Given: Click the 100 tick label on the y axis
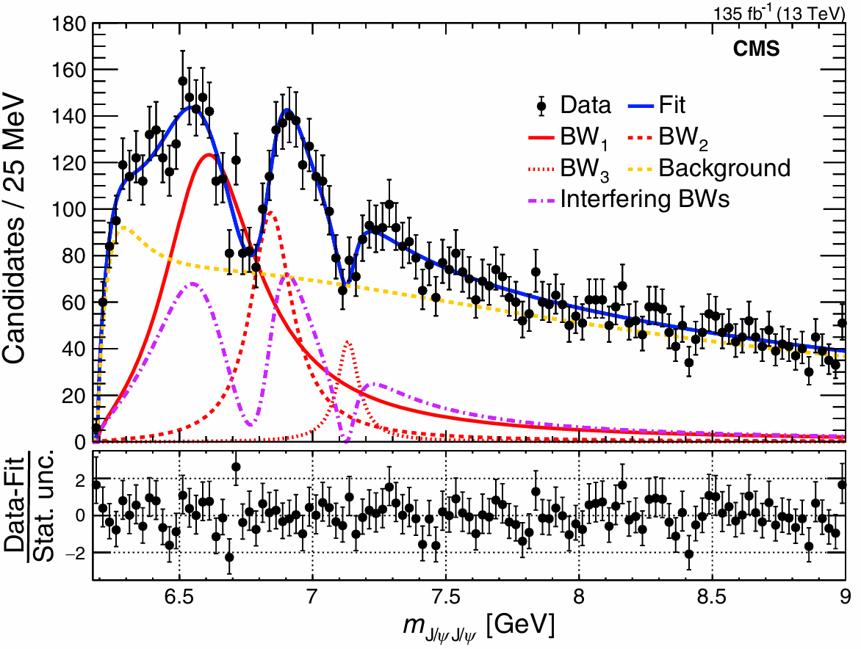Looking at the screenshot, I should click(68, 210).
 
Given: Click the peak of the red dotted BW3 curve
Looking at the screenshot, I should click(348, 341).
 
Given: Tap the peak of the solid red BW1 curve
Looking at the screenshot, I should click(209, 155).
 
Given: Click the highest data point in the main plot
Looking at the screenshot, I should click(183, 81).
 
